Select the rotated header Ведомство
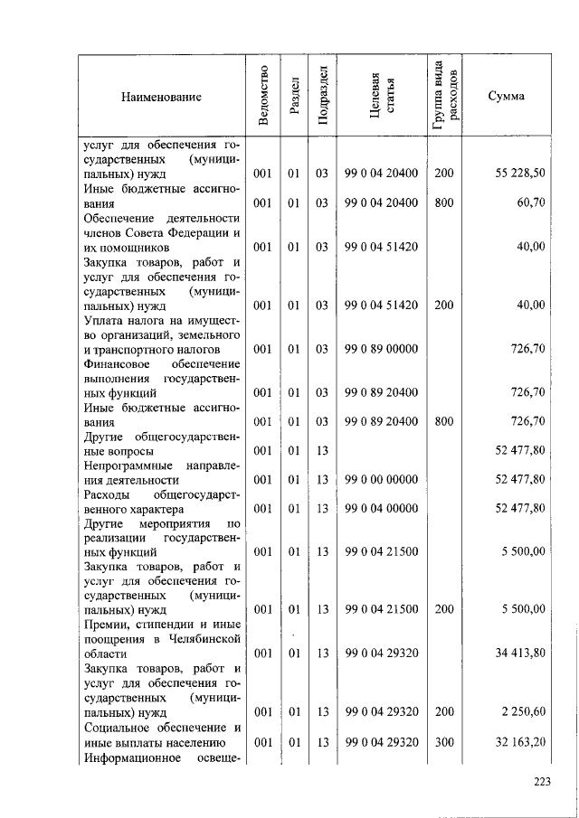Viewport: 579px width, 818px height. coord(261,97)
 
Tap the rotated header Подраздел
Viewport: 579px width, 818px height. coord(321,96)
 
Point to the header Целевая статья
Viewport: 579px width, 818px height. coord(381,97)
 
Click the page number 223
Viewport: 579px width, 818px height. coord(541,782)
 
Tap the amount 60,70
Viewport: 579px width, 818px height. coord(530,204)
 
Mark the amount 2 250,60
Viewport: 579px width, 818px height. coord(523,712)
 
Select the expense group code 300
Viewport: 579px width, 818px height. coord(443,743)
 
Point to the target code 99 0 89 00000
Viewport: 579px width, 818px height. coord(381,349)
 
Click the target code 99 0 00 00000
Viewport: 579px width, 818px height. coord(381,479)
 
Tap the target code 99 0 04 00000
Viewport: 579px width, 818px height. coord(381,510)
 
